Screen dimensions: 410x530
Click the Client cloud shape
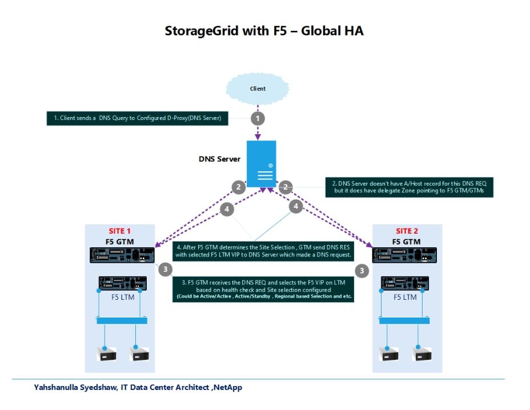coord(258,89)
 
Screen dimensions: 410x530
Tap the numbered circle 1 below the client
coord(258,118)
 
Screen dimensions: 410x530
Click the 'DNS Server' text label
coord(219,159)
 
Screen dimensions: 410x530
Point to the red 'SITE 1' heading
coord(120,231)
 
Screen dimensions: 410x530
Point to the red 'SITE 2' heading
coord(407,231)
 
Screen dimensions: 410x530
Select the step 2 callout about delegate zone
coord(410,187)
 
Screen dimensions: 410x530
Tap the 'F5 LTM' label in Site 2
coord(405,298)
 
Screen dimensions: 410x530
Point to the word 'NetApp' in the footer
coord(228,388)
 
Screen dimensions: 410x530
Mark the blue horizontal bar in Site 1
coord(122,320)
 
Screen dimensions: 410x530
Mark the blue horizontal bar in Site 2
coord(407,320)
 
